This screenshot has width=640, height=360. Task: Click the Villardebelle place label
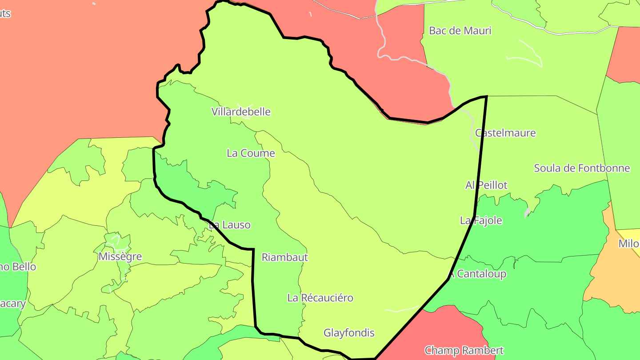tap(241, 112)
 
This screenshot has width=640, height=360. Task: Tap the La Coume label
tap(251, 153)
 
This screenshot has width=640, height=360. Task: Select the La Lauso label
tap(230, 225)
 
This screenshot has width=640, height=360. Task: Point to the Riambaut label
tap(284, 257)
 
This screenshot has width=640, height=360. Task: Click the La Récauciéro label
tap(320, 298)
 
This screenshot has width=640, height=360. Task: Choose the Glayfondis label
tap(349, 333)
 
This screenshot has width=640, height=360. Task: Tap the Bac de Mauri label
tap(460, 31)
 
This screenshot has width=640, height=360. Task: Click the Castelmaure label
tap(505, 133)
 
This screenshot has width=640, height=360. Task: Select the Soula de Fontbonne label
tap(582, 168)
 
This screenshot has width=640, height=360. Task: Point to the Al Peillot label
tap(486, 185)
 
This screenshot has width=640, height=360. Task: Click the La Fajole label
tap(481, 220)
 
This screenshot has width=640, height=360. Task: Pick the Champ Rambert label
tap(464, 350)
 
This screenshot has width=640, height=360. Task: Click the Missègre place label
tap(120, 257)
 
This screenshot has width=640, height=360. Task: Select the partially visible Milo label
tap(629, 244)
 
